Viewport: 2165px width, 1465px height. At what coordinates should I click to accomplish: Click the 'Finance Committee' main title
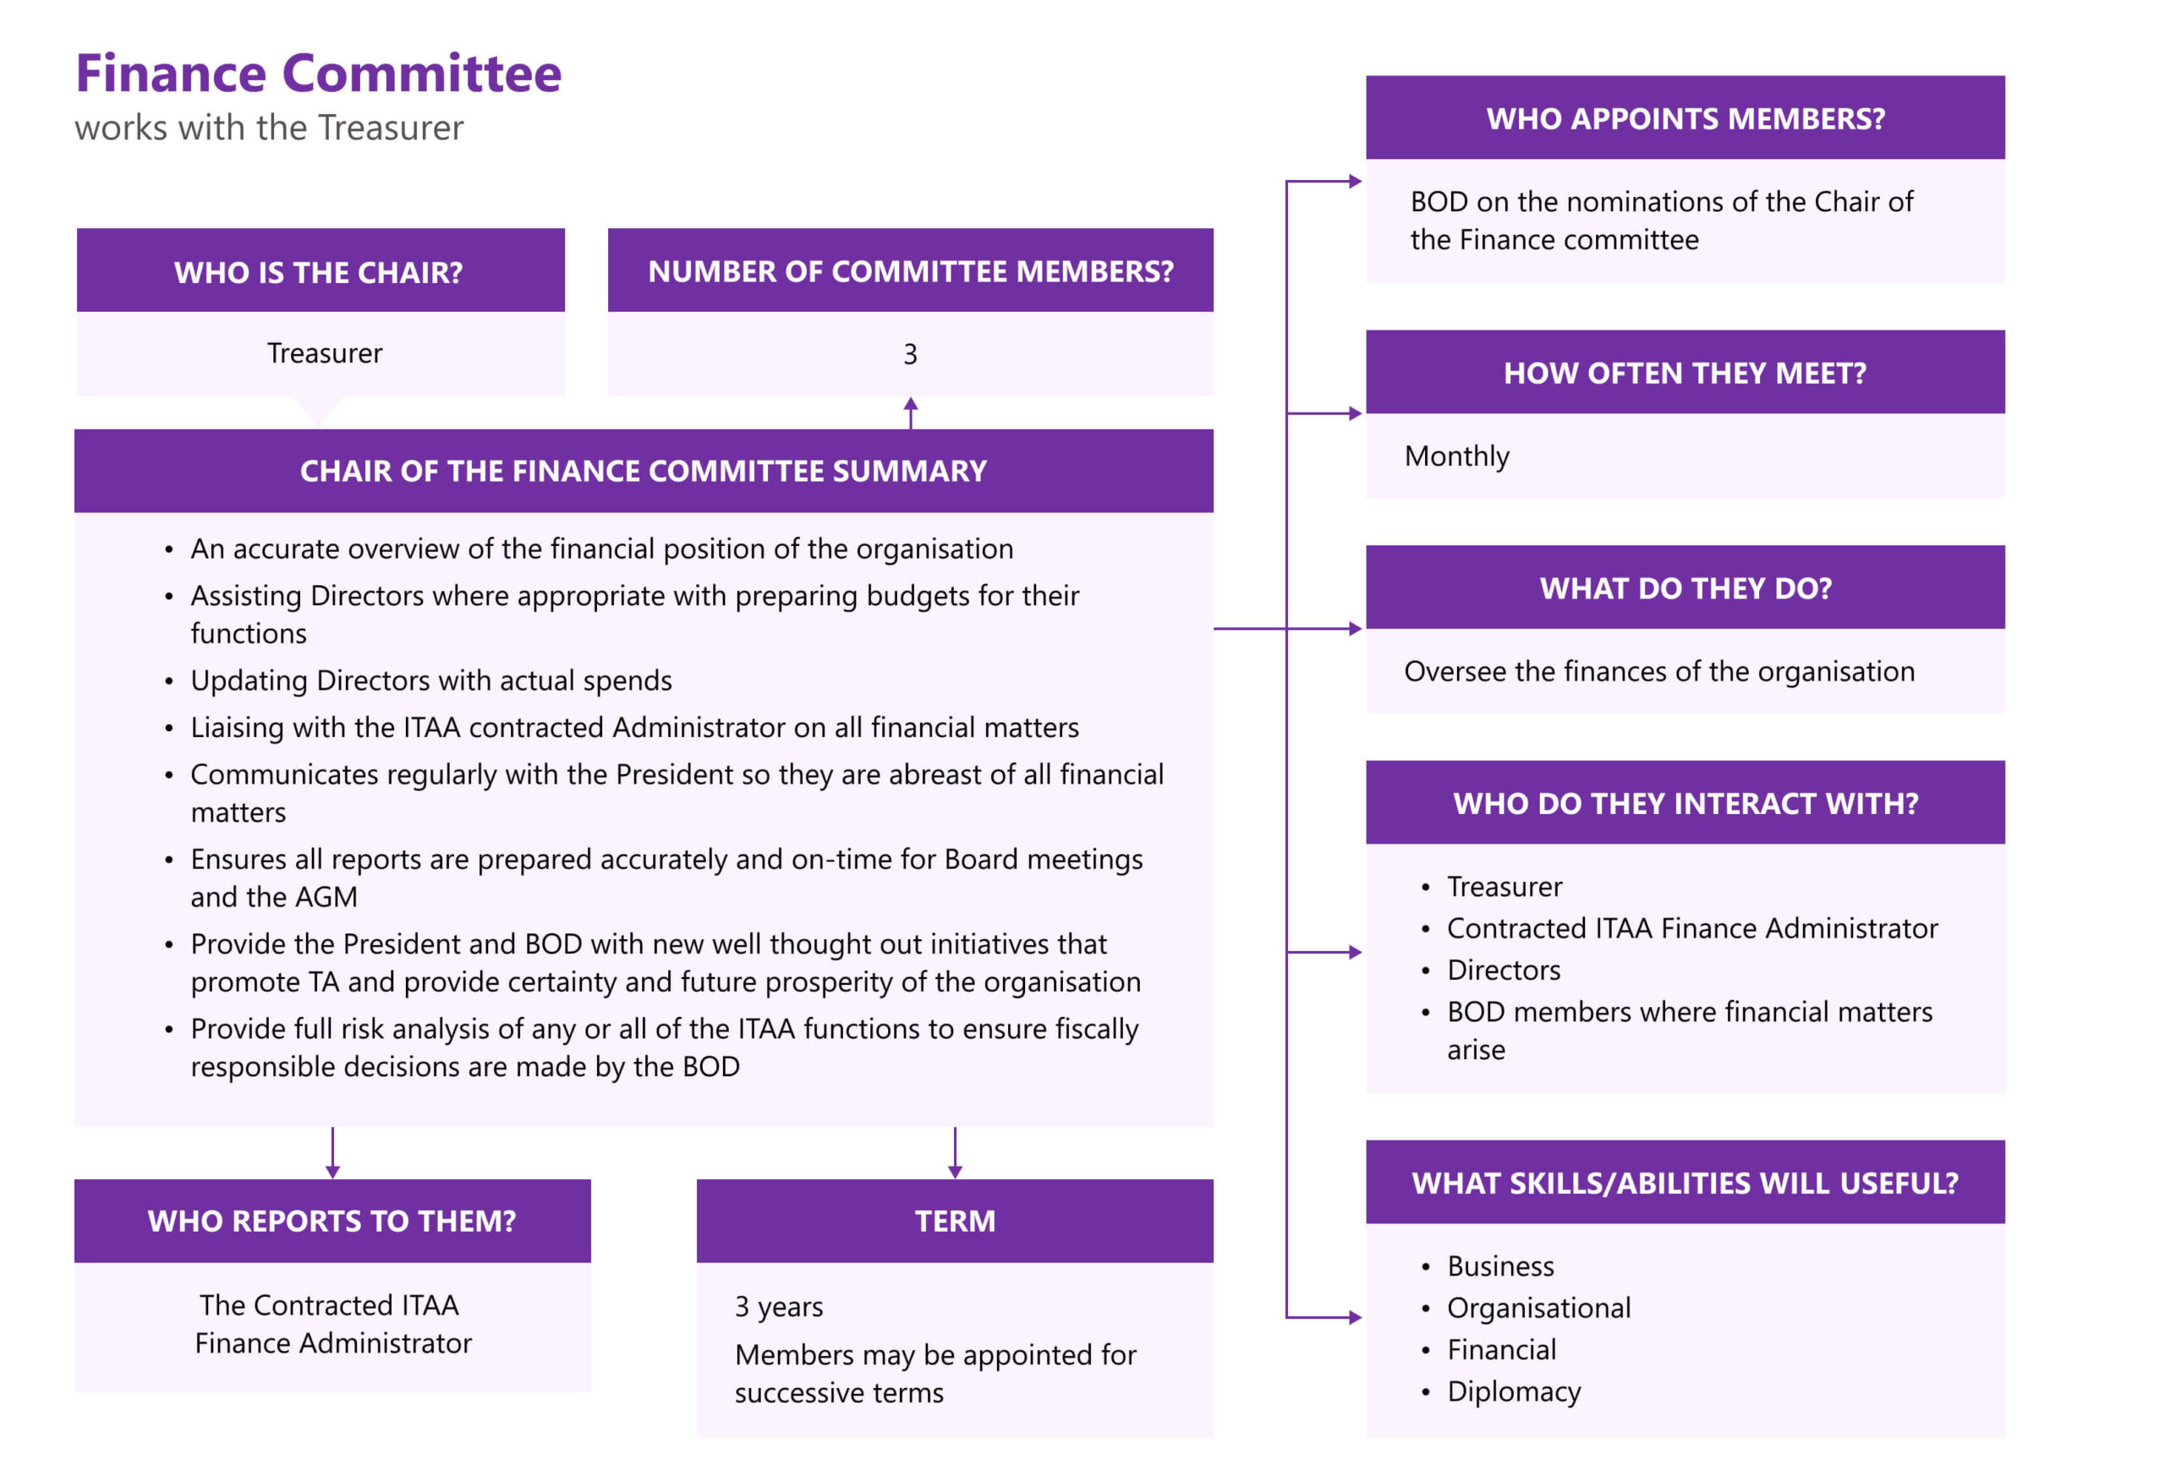[319, 74]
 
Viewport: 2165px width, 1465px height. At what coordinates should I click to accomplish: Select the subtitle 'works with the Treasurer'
[269, 128]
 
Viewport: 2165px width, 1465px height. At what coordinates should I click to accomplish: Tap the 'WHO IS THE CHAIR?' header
[319, 272]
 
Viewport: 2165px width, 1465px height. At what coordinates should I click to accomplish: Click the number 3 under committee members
[910, 354]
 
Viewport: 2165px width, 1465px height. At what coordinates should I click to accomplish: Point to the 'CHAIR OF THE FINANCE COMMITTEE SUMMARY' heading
[643, 471]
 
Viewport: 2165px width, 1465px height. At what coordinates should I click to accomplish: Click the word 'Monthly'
[1456, 456]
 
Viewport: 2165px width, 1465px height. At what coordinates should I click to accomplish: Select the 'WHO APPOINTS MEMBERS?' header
[1685, 119]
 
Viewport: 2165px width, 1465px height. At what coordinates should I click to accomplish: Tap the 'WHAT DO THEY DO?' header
[1685, 588]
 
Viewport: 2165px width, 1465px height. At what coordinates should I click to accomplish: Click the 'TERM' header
[955, 1221]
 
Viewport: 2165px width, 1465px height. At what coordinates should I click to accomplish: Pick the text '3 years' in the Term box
[779, 1307]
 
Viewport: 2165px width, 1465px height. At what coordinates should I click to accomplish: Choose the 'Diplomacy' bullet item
[1514, 1391]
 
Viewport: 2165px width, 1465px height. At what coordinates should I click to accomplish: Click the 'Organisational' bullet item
[1538, 1308]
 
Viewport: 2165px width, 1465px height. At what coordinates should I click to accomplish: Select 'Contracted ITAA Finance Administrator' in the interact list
[1691, 928]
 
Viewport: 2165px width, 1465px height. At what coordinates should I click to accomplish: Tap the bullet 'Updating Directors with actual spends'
[431, 681]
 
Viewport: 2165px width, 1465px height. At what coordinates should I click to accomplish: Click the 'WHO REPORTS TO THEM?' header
[332, 1221]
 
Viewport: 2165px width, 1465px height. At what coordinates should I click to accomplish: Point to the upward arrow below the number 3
[910, 411]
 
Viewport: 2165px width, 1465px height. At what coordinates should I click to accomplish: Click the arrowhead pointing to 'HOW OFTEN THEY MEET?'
[1356, 413]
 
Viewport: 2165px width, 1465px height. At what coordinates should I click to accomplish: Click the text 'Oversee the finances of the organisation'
[1659, 671]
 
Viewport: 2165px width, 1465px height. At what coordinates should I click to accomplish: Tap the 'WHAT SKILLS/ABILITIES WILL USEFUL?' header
[1685, 1183]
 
